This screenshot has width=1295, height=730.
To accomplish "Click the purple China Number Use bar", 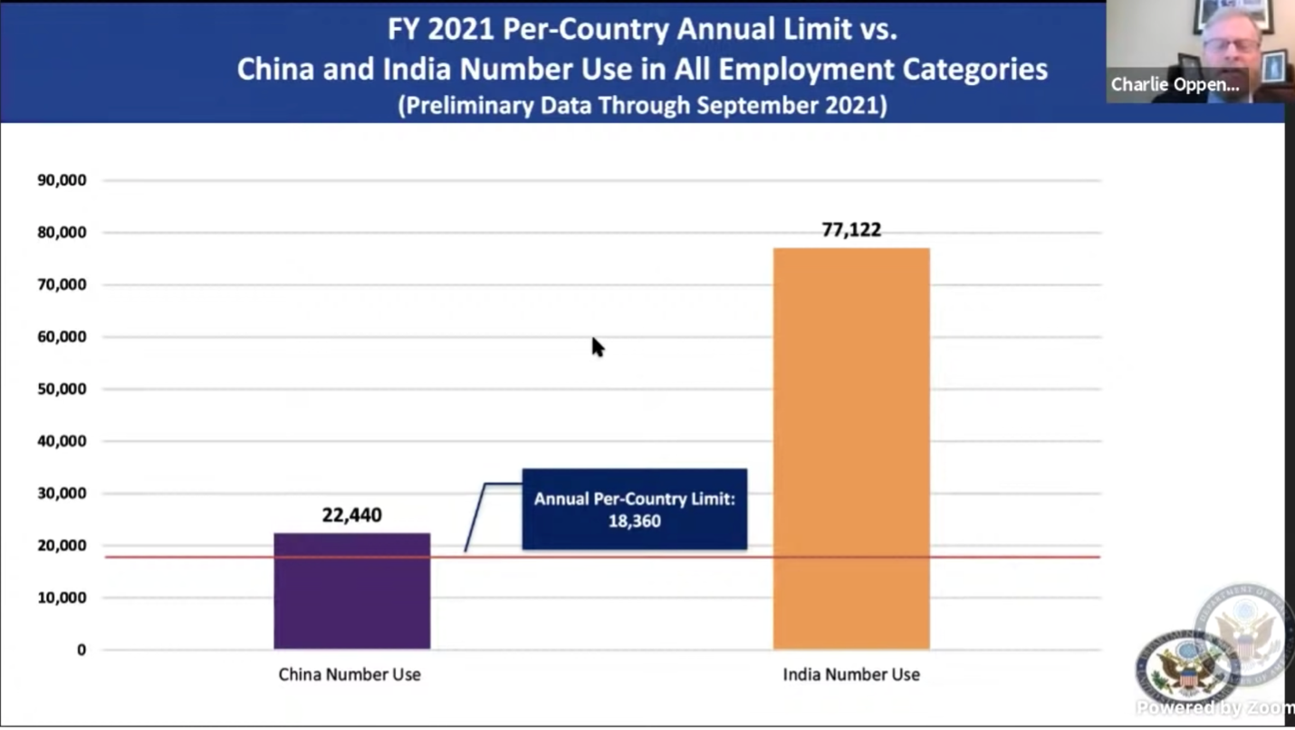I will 352,591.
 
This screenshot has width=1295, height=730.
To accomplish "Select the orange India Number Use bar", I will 851,448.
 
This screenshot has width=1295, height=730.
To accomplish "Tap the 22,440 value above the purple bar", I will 352,515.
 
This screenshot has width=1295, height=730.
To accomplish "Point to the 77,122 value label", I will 851,230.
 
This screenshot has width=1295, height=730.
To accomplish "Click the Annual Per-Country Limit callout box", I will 634,509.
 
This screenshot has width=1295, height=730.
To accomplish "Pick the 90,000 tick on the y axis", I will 62,180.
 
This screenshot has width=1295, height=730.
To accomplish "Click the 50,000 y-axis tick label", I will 62,389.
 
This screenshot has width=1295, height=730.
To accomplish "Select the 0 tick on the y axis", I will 82,649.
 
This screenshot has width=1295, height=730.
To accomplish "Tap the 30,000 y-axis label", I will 62,494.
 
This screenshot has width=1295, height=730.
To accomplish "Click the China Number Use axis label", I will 350,675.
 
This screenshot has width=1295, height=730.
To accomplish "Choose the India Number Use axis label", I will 851,675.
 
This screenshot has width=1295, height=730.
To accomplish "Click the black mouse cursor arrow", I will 598,347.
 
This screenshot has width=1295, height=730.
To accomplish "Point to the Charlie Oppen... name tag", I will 1175,85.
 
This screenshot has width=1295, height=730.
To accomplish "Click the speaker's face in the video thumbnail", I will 1231,41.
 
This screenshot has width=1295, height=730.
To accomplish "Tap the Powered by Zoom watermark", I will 1215,707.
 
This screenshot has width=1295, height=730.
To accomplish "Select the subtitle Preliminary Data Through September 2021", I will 642,105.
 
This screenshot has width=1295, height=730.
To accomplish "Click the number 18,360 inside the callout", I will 634,522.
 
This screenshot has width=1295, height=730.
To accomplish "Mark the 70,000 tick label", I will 62,284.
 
